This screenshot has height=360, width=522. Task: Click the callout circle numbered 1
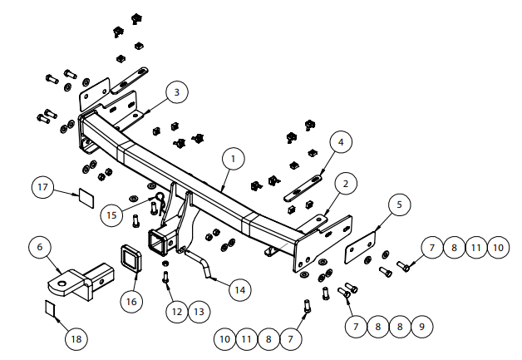pos(234,157)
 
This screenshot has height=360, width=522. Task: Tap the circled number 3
pos(175,93)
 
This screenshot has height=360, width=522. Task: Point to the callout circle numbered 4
pos(339,142)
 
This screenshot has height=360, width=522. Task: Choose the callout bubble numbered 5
pos(398,204)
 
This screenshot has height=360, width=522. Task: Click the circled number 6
pos(38,248)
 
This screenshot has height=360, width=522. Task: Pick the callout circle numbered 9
pos(421,327)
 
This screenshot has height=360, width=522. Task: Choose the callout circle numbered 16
pos(130,301)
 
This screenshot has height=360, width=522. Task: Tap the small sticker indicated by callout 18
pos(52,309)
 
